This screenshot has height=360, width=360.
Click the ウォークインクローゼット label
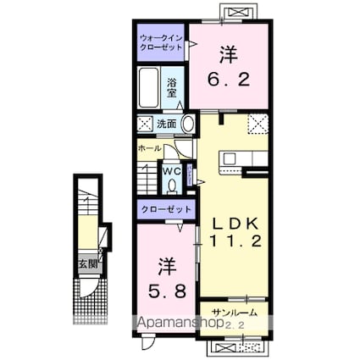(161, 42)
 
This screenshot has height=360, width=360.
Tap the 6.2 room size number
(229, 80)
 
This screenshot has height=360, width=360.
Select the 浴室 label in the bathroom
(172, 88)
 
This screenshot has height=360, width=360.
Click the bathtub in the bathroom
(148, 87)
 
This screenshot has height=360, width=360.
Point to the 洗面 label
(167, 124)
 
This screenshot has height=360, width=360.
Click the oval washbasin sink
(188, 124)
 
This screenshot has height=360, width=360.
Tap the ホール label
(150, 148)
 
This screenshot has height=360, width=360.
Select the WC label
(172, 171)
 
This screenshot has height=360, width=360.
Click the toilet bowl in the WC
(172, 186)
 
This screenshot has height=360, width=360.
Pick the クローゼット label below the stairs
(166, 209)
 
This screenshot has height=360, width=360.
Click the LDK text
(235, 224)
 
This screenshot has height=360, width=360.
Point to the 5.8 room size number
(167, 291)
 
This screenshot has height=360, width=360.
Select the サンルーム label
(235, 313)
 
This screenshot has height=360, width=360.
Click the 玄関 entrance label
(88, 264)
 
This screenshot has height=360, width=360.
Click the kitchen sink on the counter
(230, 159)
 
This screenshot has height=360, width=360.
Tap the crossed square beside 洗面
(145, 124)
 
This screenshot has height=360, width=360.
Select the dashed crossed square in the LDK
(258, 125)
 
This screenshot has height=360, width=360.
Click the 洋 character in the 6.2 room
(228, 54)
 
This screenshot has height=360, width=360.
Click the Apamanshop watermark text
(180, 322)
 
